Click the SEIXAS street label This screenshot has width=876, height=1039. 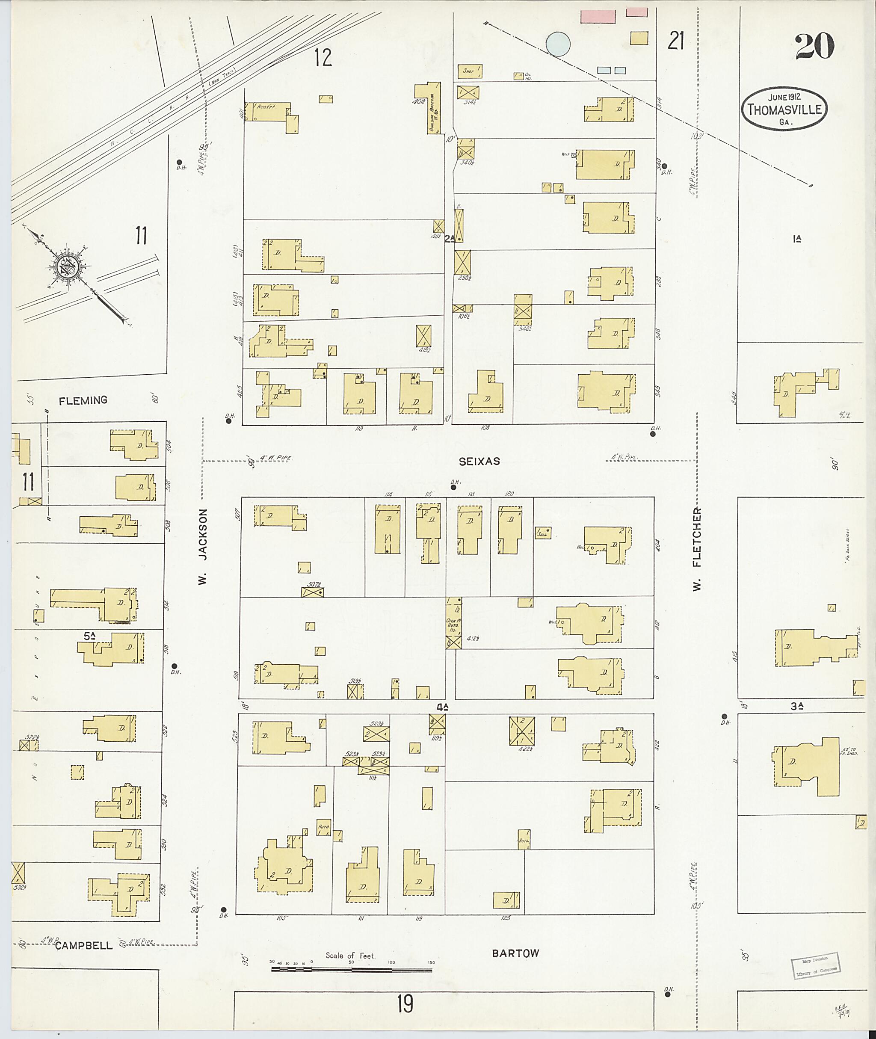tap(479, 462)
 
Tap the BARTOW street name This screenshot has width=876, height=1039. tap(515, 953)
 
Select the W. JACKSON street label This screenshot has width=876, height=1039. tap(202, 546)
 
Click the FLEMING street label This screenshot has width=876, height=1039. tap(83, 400)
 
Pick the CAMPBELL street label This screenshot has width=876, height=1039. tap(83, 946)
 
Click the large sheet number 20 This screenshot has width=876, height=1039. tap(814, 47)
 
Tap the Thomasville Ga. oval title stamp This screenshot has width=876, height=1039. tap(784, 109)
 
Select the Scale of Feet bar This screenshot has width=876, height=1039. tap(351, 968)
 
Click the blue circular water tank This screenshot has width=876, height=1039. tap(558, 44)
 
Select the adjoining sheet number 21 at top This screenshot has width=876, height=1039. tap(676, 41)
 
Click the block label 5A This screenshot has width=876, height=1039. tap(89, 636)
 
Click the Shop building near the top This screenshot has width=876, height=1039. tap(469, 71)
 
